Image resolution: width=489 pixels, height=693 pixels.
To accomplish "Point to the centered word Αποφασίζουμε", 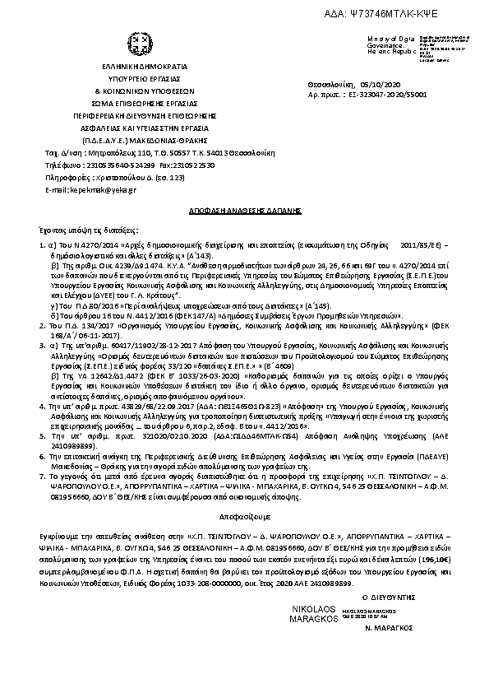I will click(x=243, y=544).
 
